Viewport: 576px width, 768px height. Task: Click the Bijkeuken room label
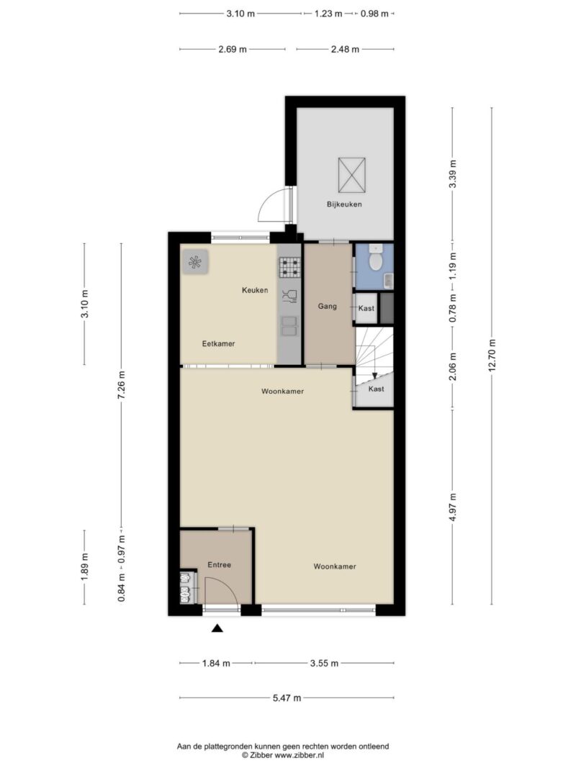coord(344,204)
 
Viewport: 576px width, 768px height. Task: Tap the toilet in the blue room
coord(376,258)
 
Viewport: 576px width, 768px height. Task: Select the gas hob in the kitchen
coord(289,268)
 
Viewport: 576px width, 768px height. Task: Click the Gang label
coord(327,306)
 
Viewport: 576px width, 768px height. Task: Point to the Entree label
coord(219,565)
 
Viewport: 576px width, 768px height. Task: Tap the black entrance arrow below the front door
coord(217,628)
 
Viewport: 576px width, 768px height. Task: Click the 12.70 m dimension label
coord(492,356)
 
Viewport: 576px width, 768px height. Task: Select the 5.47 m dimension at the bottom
coord(287,698)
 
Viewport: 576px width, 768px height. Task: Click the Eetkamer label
coord(218,344)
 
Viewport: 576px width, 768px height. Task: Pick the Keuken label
coord(255,290)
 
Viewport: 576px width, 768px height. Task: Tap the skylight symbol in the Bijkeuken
coord(351,176)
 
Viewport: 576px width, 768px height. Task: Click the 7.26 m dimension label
coord(122,385)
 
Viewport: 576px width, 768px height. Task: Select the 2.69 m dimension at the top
coord(233,49)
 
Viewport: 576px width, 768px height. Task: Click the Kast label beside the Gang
coord(366,308)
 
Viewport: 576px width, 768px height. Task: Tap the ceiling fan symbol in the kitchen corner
coord(195,262)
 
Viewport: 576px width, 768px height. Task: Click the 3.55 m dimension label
coord(324,663)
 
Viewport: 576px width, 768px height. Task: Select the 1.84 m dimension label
coord(216,663)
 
